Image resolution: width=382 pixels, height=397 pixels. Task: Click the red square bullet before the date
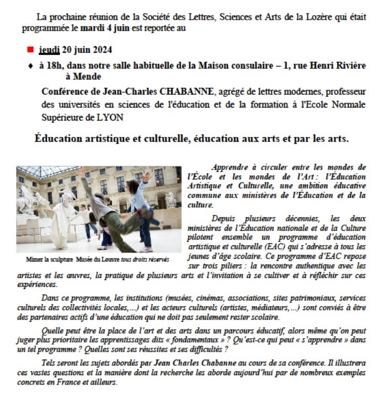click(30, 49)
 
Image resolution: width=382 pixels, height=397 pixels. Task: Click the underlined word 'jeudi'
click(49, 50)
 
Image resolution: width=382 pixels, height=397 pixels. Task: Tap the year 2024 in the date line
click(100, 50)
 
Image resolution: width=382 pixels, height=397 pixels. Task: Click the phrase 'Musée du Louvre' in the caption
click(94, 259)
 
